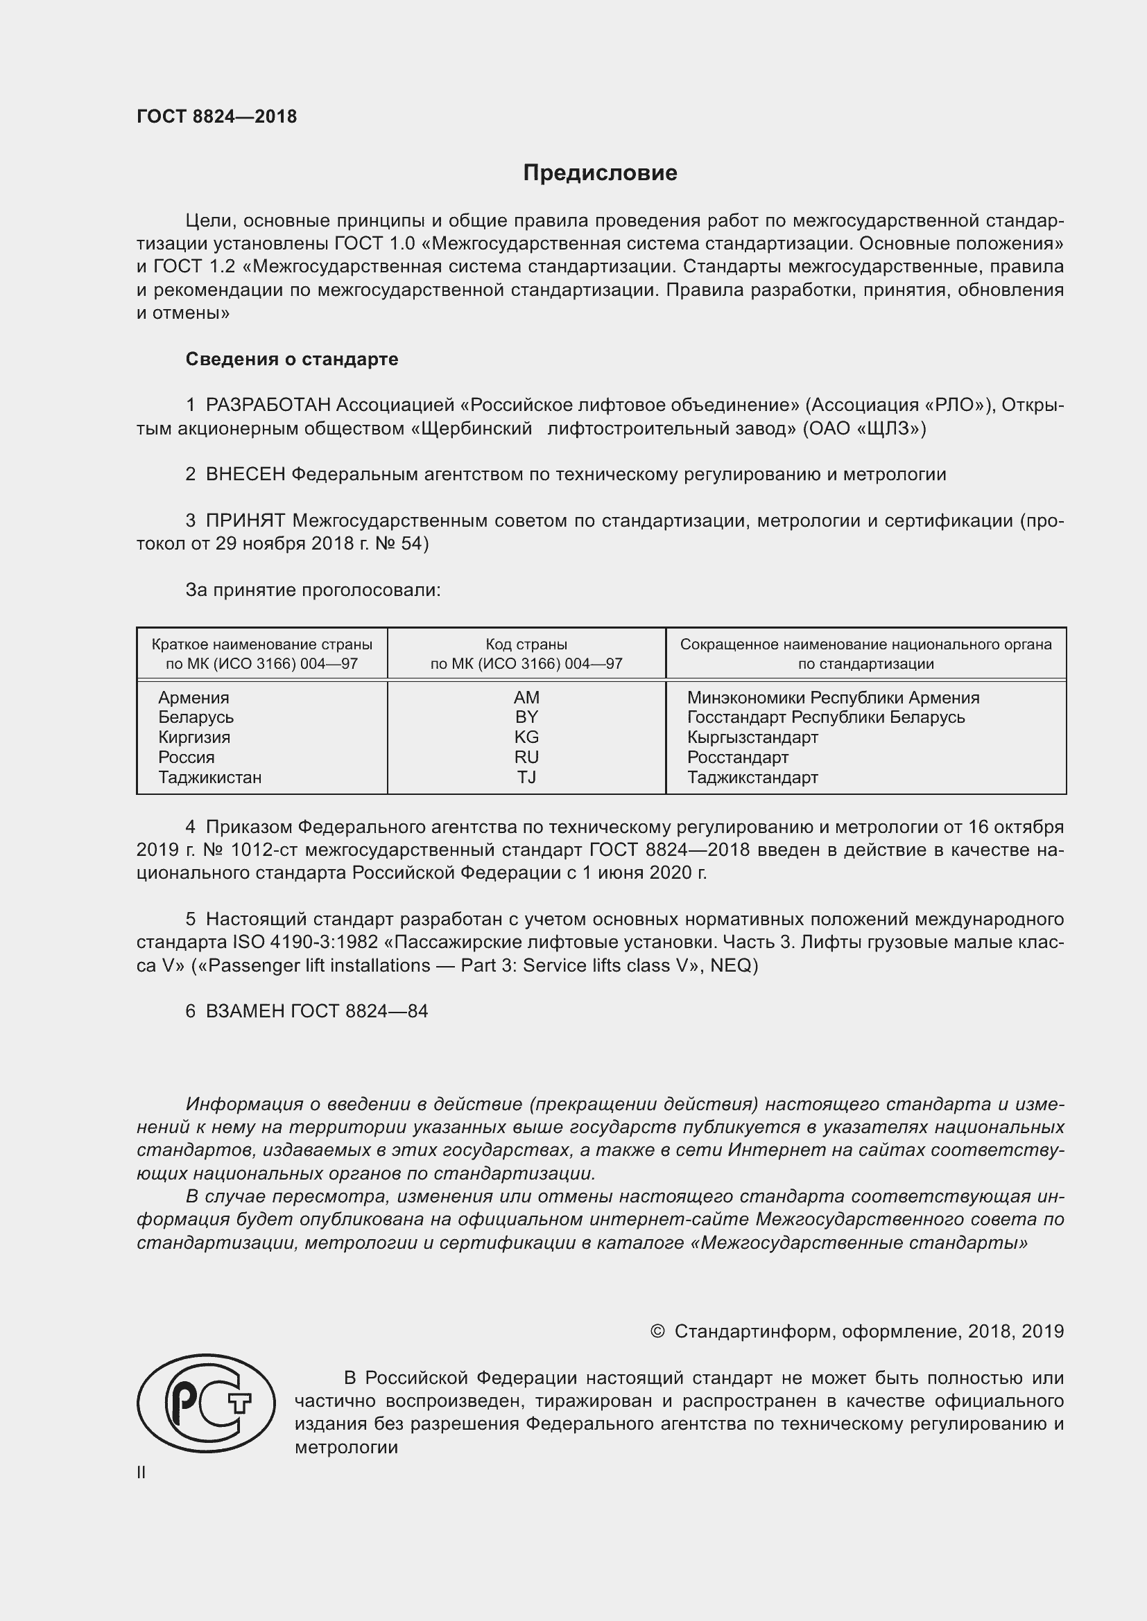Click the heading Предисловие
tap(600, 173)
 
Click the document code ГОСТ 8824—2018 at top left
tap(217, 116)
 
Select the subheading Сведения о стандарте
tap(292, 360)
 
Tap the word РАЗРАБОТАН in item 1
tap(268, 405)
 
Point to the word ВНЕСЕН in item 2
tap(245, 475)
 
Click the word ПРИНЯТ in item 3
tap(245, 521)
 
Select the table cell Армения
tap(193, 698)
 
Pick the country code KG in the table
tap(526, 737)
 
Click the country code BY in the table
tap(526, 717)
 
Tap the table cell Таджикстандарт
tap(752, 778)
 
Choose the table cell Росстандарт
tap(737, 757)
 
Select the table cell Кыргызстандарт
tap(752, 737)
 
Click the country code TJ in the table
tap(526, 778)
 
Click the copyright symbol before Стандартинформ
tap(657, 1331)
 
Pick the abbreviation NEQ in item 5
tap(730, 965)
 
